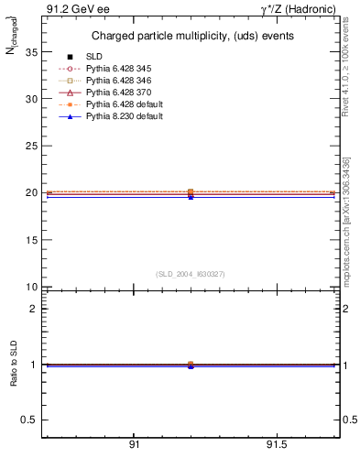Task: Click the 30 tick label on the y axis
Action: (x=31, y=99)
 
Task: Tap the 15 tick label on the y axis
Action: (x=31, y=240)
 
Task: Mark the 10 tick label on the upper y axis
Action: (x=31, y=287)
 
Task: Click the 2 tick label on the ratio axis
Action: (x=33, y=309)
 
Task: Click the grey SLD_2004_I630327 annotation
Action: (x=190, y=274)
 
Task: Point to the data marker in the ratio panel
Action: (x=191, y=365)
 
